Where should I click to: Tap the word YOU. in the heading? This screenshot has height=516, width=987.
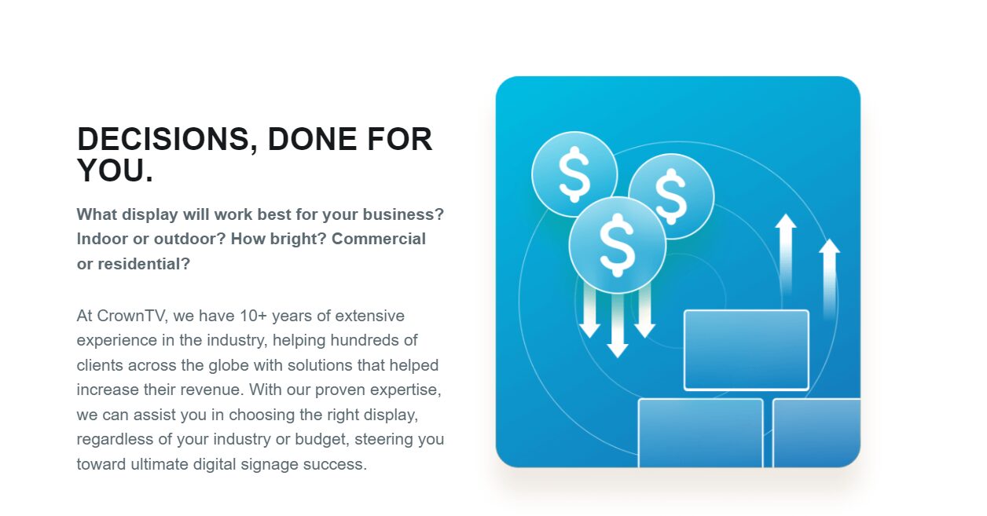115,170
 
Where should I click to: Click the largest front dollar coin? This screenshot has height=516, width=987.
617,244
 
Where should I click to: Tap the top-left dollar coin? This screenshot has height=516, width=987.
574,174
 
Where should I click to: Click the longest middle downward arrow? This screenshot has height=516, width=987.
618,324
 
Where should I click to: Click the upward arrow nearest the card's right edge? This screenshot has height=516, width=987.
829,275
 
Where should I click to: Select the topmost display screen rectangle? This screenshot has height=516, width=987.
746,349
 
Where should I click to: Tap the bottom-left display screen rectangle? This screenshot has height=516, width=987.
700,433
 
